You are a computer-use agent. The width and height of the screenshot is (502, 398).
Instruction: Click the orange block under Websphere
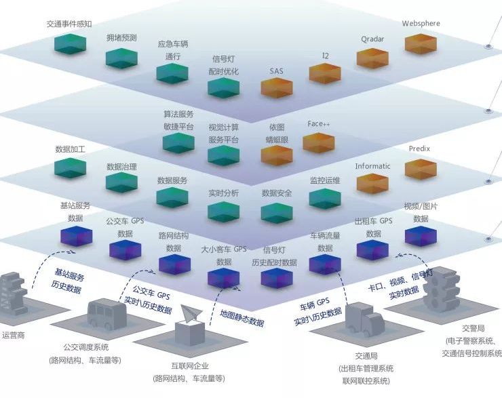(421, 43)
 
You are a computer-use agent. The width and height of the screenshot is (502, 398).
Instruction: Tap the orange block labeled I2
(325, 73)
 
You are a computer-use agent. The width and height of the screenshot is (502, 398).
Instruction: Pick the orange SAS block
(277, 88)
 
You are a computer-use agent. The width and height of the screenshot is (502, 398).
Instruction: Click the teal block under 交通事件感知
(70, 45)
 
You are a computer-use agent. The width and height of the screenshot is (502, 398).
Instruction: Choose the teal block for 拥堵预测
(121, 58)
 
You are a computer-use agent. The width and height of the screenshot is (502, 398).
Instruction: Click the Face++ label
(318, 124)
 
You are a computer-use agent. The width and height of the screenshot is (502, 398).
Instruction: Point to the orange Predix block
(421, 169)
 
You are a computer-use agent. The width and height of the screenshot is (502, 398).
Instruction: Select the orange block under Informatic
(372, 183)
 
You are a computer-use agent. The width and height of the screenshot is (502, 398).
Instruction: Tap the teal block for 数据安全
(277, 212)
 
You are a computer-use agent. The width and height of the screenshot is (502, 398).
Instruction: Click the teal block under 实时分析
(223, 212)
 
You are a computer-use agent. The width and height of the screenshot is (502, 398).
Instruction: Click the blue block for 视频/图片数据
(421, 235)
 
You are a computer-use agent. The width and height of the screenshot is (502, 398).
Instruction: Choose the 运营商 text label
(14, 334)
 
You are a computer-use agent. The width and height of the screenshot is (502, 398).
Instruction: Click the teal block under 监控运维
(325, 197)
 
